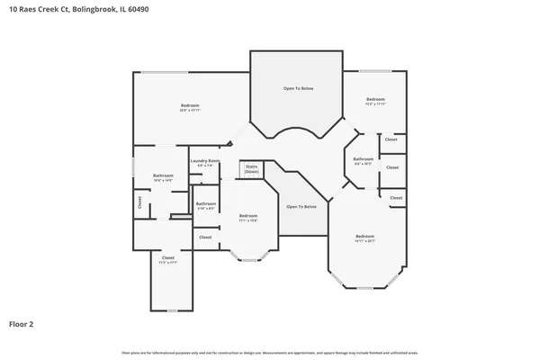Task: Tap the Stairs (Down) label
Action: coord(252,168)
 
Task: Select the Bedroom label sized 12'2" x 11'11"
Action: coord(375,99)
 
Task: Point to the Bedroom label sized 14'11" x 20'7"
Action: coord(364,237)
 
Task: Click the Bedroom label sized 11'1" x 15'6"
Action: coord(248,216)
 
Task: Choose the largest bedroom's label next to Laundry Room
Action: coord(189,105)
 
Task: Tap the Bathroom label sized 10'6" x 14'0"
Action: coord(163,175)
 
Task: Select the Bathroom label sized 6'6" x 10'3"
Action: coord(363,159)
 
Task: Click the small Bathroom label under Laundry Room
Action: coord(206,204)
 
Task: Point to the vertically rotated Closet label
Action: coord(139,203)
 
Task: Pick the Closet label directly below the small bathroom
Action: coord(205,237)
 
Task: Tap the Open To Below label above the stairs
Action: coord(298,88)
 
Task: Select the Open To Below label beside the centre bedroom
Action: coord(301,207)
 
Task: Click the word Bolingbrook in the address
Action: coord(94,9)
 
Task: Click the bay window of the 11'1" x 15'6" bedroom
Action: coord(247,259)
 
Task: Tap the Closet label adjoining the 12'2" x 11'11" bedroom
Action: coord(391,139)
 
